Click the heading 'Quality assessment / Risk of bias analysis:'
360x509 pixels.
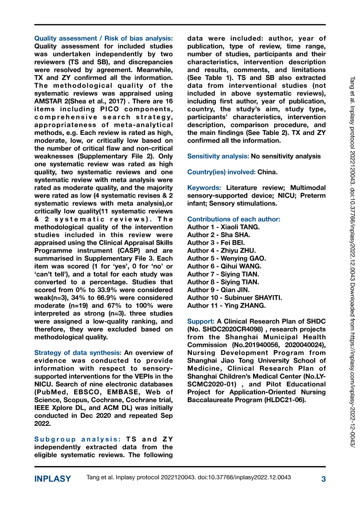[x=103, y=39]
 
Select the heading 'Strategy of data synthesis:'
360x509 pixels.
[x=78, y=352]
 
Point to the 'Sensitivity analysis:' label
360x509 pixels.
[x=218, y=157]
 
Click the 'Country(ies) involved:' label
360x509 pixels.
[x=220, y=172]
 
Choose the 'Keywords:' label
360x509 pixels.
[x=204, y=187]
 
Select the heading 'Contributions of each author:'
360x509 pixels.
[x=234, y=219]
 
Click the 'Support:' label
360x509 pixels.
[x=201, y=321]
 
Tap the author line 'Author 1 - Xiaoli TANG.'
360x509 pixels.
[x=223, y=227]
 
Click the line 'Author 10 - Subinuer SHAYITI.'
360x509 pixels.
[x=234, y=298]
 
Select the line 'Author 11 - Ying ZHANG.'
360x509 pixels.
[x=226, y=305]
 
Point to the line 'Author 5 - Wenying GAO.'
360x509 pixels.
[x=226, y=258]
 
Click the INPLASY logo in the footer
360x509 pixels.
[x=53, y=479]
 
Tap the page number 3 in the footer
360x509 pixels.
[x=323, y=479]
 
